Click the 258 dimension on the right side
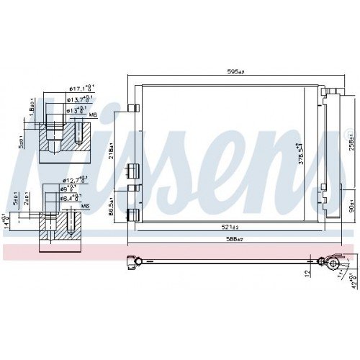click(x=351, y=143)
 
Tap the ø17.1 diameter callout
click(x=78, y=88)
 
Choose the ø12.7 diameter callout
click(x=75, y=179)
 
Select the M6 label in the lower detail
click(x=86, y=206)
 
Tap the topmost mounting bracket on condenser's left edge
click(x=132, y=108)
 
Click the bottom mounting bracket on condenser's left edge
click(x=132, y=213)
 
